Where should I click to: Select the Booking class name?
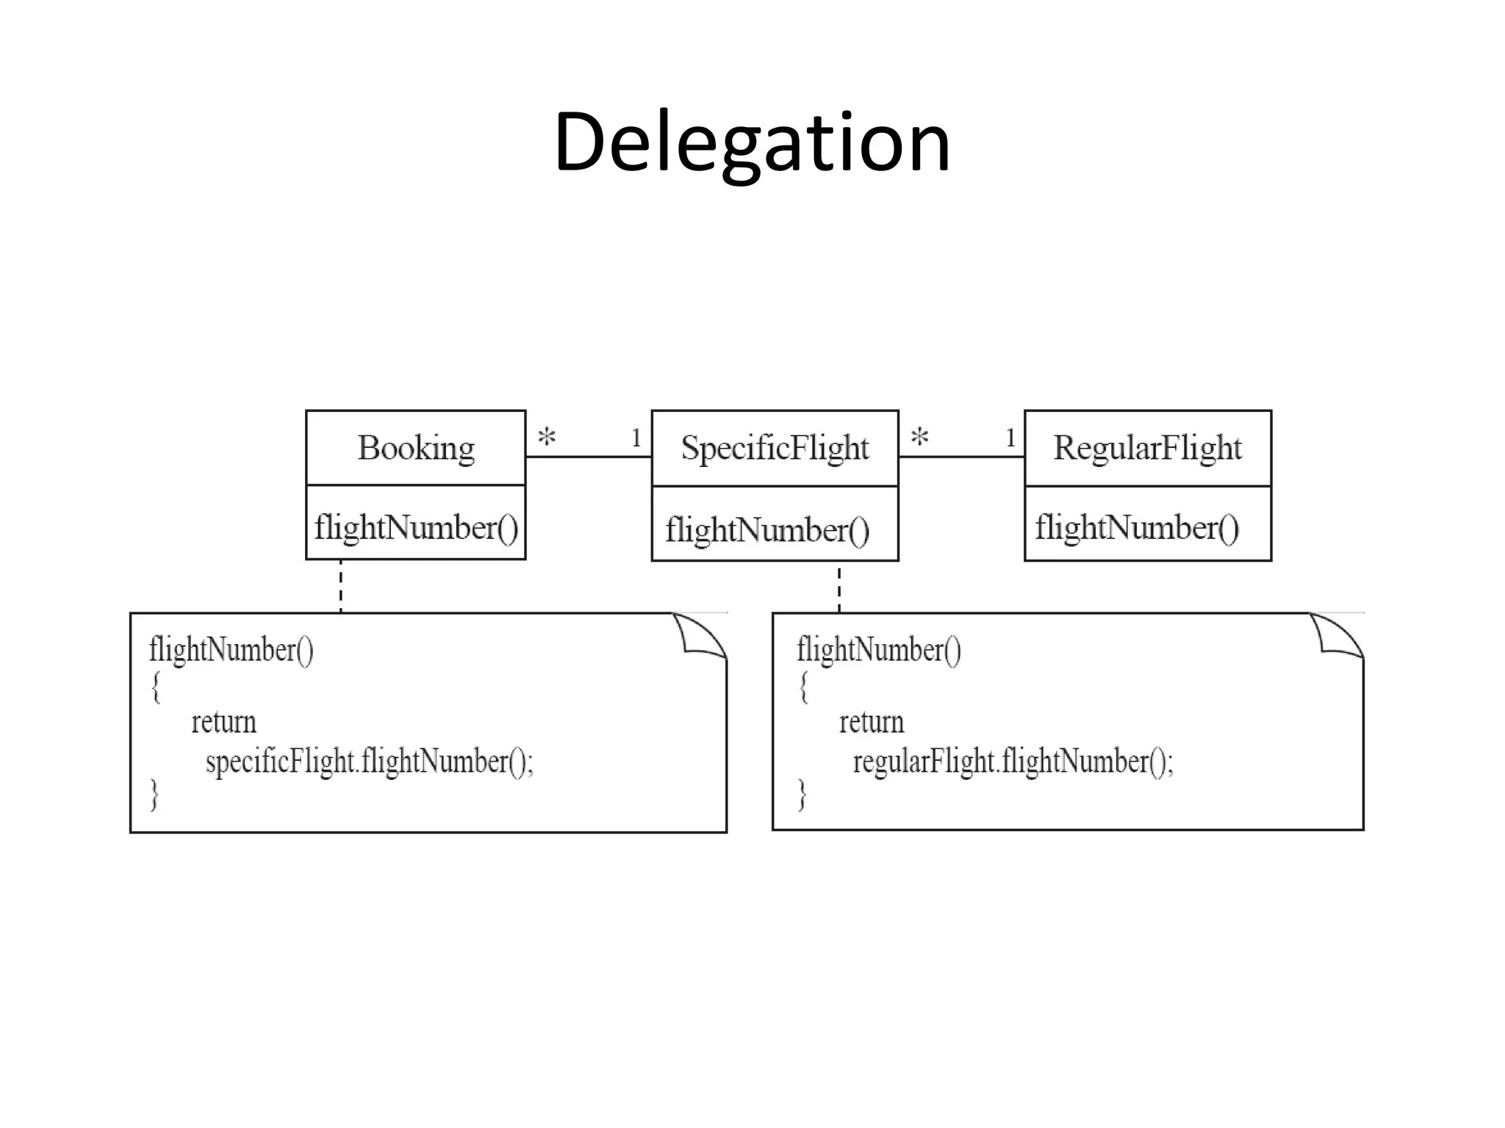[416, 448]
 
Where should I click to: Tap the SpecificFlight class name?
[775, 448]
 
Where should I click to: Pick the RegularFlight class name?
[1147, 448]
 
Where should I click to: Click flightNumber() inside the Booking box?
[416, 528]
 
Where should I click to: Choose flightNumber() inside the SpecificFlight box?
[767, 530]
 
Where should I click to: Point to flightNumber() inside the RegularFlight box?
[1137, 528]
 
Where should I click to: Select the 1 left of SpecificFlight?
[636, 438]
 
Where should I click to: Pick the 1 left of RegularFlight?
[1010, 438]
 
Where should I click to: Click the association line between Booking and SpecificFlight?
[588, 457]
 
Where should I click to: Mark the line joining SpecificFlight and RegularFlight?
[961, 457]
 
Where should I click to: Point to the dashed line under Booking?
[341, 586]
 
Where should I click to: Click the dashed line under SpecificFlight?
[839, 587]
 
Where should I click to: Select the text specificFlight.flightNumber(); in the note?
[370, 762]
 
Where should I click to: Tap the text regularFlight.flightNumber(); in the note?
[1013, 762]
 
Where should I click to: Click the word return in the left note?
[224, 723]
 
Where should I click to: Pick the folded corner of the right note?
[1339, 634]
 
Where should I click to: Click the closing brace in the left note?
[155, 795]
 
